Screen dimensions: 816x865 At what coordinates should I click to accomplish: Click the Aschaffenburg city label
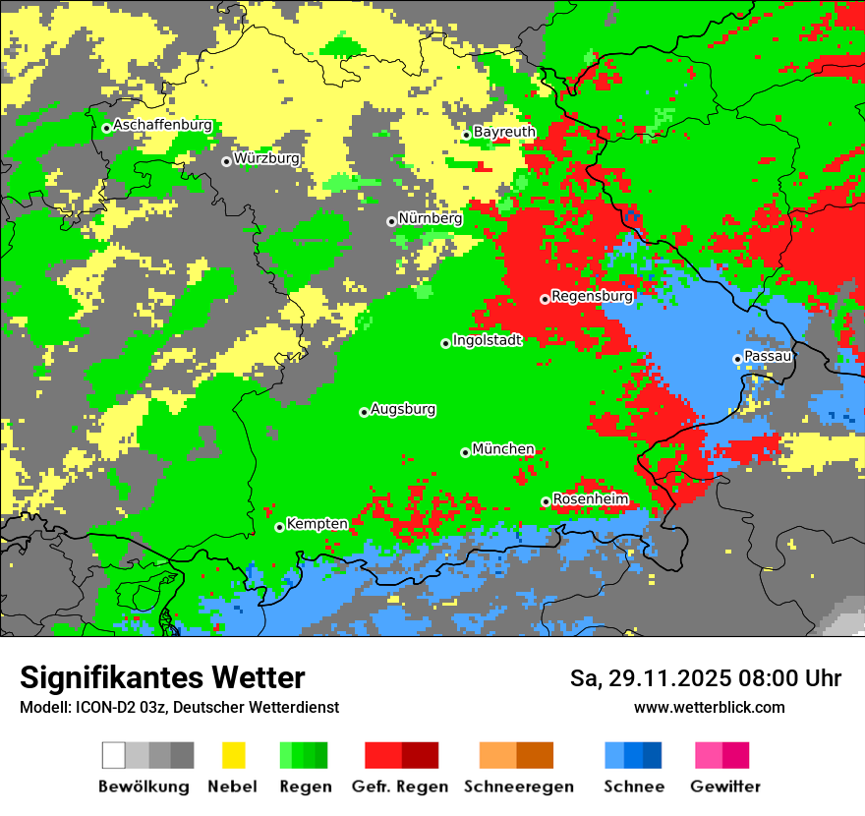click(162, 126)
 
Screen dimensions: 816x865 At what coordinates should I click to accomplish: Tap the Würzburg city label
click(266, 158)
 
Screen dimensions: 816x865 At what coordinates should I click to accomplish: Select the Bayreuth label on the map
click(504, 132)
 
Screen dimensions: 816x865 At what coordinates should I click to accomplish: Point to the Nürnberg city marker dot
click(391, 221)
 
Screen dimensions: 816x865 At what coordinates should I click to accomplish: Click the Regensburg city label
click(592, 295)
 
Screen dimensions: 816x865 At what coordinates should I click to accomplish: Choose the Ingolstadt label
click(487, 340)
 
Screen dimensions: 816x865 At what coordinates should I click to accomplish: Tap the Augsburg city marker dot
click(364, 412)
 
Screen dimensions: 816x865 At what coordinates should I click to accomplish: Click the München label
click(503, 449)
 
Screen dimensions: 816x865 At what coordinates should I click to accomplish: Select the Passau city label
click(768, 356)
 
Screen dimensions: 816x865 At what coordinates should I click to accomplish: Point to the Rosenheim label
click(590, 499)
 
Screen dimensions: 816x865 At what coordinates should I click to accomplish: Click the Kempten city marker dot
click(279, 527)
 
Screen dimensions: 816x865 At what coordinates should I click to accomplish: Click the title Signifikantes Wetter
click(162, 678)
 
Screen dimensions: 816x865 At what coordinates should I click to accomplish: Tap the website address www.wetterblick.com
click(709, 708)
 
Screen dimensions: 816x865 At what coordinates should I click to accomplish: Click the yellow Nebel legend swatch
click(233, 755)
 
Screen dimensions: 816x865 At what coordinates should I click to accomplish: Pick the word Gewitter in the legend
click(725, 787)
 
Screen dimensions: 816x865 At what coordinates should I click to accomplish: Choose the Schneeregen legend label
click(518, 787)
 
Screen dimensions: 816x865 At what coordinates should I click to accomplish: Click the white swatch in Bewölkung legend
click(113, 755)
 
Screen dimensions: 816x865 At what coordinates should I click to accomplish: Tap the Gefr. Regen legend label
click(399, 787)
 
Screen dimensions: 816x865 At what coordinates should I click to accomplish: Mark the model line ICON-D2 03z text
click(179, 708)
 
